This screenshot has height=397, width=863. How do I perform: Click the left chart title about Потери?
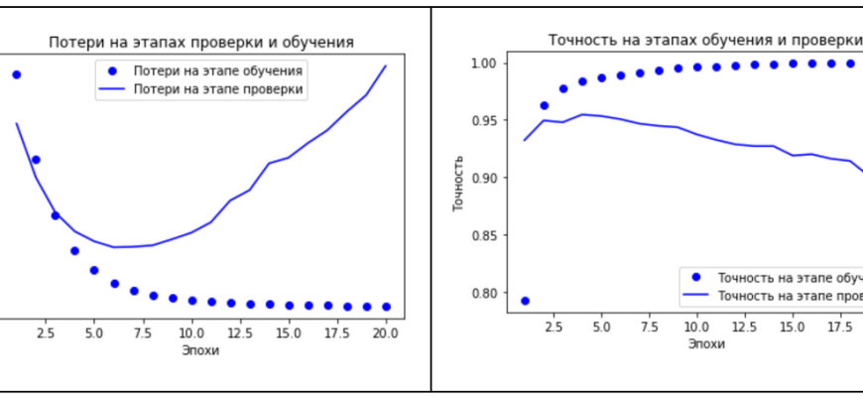(x=201, y=42)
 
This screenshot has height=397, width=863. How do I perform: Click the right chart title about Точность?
(x=704, y=40)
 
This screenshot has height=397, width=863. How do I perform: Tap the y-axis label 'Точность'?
(x=458, y=184)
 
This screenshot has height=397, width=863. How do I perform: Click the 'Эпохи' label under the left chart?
(x=200, y=350)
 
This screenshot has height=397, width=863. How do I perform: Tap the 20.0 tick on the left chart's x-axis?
(x=385, y=333)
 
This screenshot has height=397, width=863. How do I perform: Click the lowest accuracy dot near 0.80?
(x=525, y=300)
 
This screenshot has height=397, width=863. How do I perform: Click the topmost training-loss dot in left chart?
(x=16, y=74)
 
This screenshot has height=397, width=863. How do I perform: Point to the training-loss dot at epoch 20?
(x=386, y=307)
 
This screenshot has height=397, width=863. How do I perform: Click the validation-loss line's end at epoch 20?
(x=386, y=66)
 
